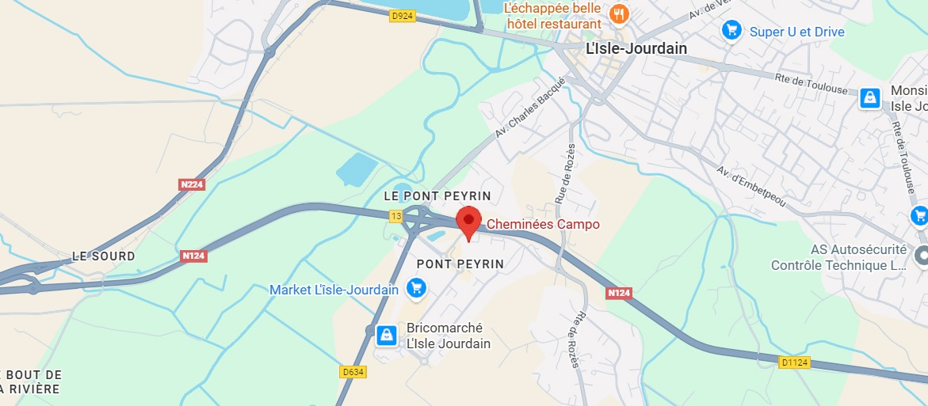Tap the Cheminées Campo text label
pos(543,224)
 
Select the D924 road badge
pos(403,15)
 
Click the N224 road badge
pos(192,184)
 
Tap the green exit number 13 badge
pos(395,215)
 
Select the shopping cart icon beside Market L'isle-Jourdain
pos(415,289)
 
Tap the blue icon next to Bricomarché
pos(386,335)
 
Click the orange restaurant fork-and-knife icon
pos(619,13)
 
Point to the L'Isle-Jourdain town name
pos(636,49)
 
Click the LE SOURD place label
pos(103,256)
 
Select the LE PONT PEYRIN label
pos(437,195)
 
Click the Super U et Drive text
pos(796,32)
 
